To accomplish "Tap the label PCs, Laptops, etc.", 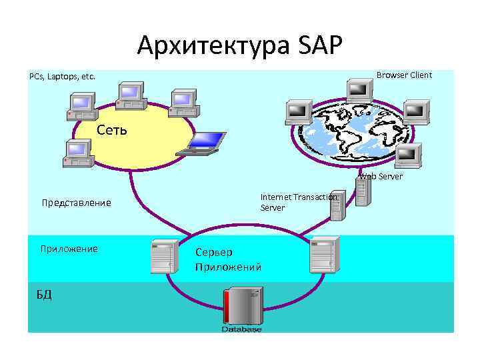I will click(62, 77).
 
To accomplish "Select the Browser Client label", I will click(404, 75).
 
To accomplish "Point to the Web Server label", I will click(381, 177).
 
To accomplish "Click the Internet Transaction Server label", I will click(299, 202).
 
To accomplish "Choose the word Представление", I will click(76, 203).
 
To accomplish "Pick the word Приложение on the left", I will click(69, 249).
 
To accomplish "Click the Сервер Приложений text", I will click(228, 260).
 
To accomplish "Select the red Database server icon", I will click(241, 305).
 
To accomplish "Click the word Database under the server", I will click(241, 329).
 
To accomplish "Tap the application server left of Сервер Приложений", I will click(163, 255).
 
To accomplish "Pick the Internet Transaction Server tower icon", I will click(337, 208).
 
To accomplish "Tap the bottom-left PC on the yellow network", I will click(77, 154).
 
